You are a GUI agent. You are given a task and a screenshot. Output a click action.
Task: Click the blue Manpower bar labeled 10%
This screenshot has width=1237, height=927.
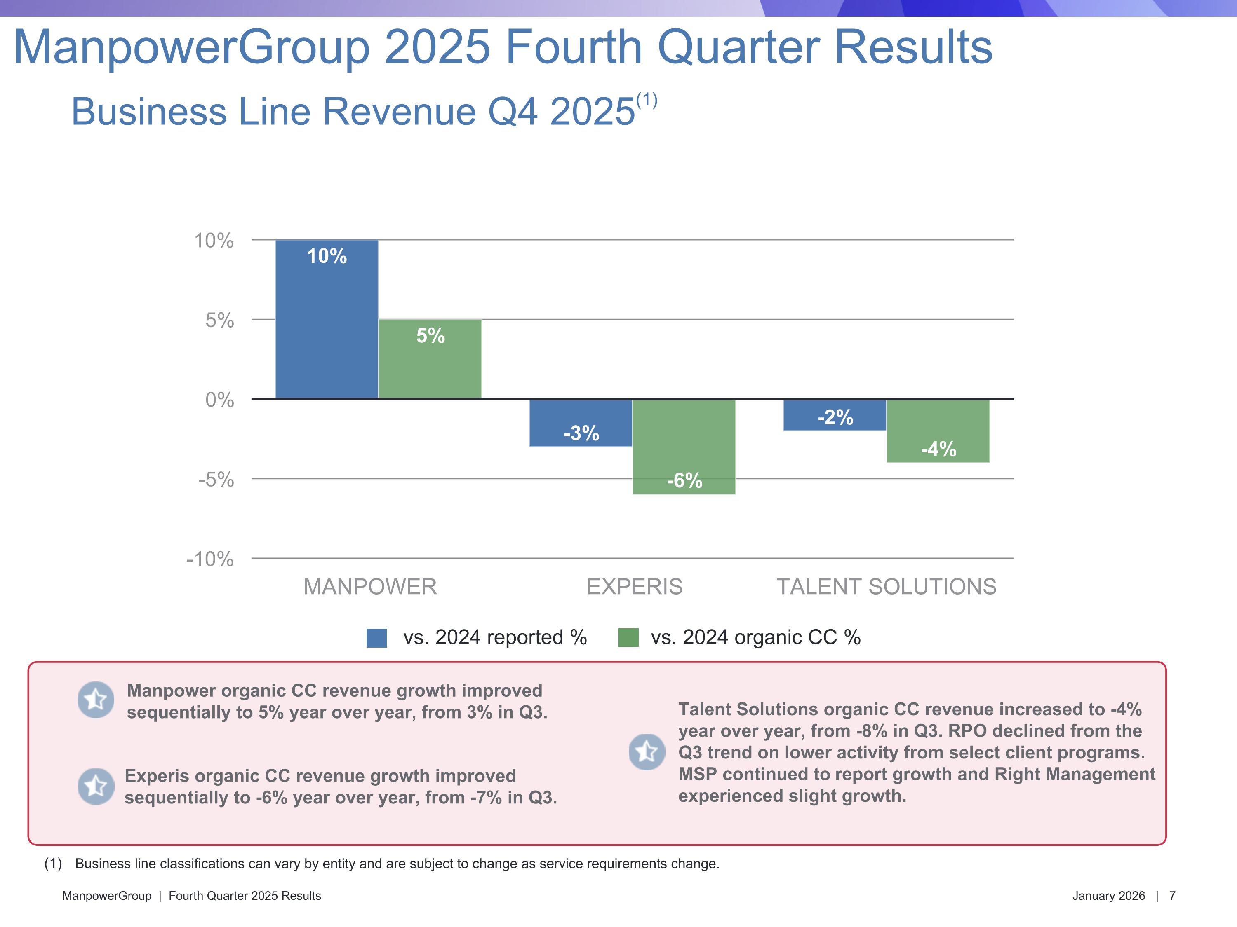point(327,319)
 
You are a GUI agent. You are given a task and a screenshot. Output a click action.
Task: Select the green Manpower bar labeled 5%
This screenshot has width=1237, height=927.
point(430,359)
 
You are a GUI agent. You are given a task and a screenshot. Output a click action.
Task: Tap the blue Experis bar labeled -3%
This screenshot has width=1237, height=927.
point(581,423)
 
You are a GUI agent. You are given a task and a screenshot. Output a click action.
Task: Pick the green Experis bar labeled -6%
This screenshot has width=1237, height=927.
point(684,447)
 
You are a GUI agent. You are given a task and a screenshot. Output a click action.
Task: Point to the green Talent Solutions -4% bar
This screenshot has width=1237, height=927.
point(938,431)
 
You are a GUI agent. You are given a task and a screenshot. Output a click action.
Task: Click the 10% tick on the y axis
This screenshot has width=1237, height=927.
point(214,241)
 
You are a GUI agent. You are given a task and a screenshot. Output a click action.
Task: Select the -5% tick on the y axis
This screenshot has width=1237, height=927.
point(216,480)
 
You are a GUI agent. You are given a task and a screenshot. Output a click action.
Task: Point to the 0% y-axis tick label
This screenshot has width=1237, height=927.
point(219,400)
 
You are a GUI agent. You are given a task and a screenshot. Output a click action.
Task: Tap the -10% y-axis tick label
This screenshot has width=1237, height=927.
point(210,559)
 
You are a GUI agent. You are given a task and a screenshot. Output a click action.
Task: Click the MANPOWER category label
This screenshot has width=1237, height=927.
point(369,587)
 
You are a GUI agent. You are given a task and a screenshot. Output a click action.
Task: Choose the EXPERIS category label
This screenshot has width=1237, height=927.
point(635,587)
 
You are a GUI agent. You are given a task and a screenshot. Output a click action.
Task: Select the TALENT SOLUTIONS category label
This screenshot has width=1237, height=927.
point(887,587)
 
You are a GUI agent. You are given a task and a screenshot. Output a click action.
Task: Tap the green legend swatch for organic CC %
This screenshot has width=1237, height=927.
point(628,637)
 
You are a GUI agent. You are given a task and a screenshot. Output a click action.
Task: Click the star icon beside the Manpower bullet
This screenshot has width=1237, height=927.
point(96,700)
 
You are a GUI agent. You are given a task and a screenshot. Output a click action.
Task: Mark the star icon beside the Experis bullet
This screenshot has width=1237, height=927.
point(96,786)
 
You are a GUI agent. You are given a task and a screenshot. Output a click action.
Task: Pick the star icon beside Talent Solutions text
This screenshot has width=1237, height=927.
point(647,751)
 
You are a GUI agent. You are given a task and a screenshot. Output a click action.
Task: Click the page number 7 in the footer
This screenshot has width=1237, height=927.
point(1172,896)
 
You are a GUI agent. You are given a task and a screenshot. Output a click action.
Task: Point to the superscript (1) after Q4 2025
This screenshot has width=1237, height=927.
point(647,101)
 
